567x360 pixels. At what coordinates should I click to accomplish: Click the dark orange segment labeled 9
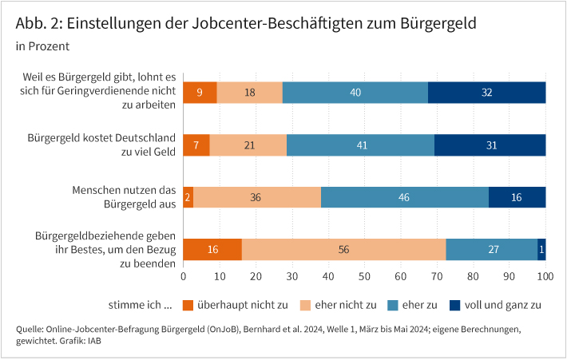200,93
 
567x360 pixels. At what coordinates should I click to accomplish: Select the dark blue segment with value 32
487,93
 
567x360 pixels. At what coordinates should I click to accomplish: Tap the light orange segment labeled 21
248,145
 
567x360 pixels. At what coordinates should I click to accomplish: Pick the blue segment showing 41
360,145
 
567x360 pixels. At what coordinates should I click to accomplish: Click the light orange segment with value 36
256,197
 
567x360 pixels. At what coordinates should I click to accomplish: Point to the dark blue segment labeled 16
517,197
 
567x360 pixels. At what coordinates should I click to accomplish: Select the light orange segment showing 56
343,249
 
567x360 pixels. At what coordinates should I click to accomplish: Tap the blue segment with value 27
491,249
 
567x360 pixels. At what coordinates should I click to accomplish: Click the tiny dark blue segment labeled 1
542,249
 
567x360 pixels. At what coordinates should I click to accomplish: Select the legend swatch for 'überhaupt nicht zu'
188,305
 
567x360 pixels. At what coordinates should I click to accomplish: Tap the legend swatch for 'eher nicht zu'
304,305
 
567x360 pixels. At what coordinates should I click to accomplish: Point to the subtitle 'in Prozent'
42,47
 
